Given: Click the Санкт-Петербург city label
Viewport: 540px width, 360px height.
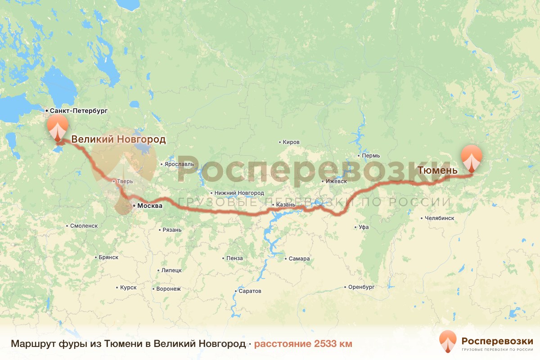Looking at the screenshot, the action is tap(79, 110).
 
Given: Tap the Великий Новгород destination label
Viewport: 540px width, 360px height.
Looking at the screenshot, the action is tap(118, 139).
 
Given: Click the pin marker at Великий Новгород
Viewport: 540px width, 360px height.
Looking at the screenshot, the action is tap(58, 128).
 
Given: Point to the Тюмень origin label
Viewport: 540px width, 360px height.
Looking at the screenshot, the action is tap(437, 171).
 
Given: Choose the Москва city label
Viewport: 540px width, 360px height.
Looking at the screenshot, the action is tap(149, 206).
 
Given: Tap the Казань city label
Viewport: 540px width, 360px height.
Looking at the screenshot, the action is tap(286, 205).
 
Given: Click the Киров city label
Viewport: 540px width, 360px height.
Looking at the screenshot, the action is tap(291, 142).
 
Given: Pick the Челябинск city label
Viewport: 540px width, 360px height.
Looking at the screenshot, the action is tap(439, 218).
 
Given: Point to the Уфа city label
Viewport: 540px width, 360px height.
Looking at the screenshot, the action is tap(364, 227).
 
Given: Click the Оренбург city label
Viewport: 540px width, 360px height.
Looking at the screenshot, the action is tap(361, 287).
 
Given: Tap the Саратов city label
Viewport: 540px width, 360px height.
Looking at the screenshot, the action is tap(250, 291).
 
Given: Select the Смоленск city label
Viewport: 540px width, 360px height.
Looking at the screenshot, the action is tap(84, 226).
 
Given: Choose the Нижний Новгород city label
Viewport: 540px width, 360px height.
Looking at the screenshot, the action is tap(239, 193).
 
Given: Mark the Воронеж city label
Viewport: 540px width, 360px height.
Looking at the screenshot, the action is tap(168, 289).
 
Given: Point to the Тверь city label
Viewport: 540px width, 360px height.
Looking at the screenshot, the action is tap(125, 182).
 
